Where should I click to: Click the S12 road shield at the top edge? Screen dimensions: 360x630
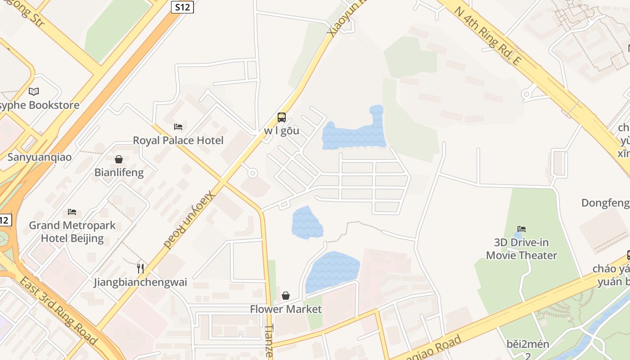(182, 7)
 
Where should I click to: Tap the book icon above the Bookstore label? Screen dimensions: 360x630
(34, 92)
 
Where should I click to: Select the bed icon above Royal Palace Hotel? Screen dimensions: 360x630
(178, 127)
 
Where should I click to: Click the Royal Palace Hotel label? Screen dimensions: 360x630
(178, 140)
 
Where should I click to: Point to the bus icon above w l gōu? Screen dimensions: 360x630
(282, 117)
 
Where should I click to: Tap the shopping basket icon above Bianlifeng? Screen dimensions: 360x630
(119, 159)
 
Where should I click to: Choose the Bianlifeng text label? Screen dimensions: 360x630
(119, 172)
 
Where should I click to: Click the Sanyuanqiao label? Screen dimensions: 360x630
(39, 157)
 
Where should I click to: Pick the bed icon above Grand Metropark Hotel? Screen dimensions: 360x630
(72, 211)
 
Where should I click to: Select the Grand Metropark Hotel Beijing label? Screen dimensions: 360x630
(72, 232)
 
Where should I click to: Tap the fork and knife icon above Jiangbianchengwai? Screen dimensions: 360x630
(140, 269)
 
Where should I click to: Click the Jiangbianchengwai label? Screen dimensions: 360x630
(140, 283)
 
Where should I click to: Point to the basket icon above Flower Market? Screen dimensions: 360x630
(286, 296)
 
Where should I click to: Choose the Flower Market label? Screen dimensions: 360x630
(286, 309)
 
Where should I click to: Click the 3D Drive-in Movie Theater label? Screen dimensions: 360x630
(522, 249)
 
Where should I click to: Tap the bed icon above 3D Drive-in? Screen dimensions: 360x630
(522, 229)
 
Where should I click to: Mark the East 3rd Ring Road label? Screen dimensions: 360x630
(58, 311)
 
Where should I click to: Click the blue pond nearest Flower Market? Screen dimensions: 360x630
(332, 270)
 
